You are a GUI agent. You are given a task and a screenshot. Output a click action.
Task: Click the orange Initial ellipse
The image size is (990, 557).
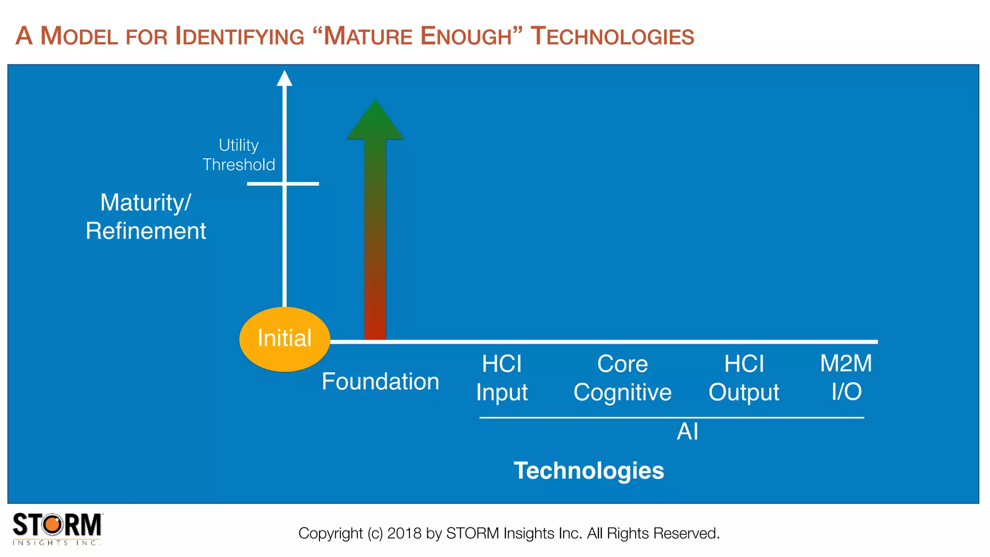pyautogui.click(x=284, y=339)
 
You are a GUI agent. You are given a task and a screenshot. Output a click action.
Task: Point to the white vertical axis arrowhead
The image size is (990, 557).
pyautogui.click(x=284, y=78)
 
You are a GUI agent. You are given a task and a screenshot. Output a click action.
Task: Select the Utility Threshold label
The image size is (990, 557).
pyautogui.click(x=239, y=155)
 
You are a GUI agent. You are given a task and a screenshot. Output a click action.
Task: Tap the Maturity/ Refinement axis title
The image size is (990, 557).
pyautogui.click(x=146, y=216)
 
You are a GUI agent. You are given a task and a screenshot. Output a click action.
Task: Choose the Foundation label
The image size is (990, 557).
pyautogui.click(x=380, y=381)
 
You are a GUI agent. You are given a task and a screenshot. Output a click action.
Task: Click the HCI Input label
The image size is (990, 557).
pyautogui.click(x=502, y=378)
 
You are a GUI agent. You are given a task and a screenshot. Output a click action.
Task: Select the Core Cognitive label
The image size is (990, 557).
pyautogui.click(x=622, y=378)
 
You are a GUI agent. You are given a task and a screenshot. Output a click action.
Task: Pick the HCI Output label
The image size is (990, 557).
pyautogui.click(x=744, y=378)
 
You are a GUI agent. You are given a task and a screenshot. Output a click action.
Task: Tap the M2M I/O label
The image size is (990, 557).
pyautogui.click(x=846, y=377)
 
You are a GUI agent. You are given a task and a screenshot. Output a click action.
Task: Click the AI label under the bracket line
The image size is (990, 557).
pyautogui.click(x=687, y=431)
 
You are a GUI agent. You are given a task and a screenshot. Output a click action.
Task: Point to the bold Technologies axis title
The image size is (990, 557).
pyautogui.click(x=589, y=470)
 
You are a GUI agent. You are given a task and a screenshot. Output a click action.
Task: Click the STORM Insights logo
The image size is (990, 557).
pyautogui.click(x=57, y=528)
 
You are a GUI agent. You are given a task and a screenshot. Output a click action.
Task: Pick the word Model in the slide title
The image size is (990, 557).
pyautogui.click(x=79, y=37)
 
